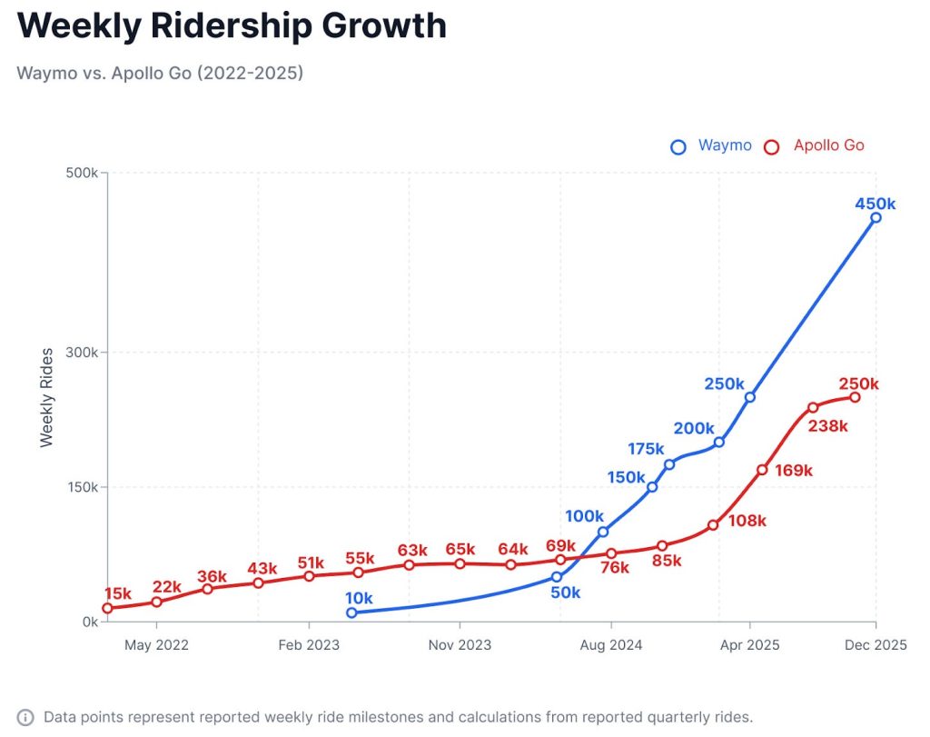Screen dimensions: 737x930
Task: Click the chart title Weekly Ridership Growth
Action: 232,25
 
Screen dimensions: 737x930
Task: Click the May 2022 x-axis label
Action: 156,645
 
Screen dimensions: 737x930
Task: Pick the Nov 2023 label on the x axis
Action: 460,645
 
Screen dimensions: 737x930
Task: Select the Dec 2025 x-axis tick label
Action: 876,645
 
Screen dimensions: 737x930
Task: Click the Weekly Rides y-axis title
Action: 47,396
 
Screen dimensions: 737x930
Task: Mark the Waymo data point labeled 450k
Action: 876,217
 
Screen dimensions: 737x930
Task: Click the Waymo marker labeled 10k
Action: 351,613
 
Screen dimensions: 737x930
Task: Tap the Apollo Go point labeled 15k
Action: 107,608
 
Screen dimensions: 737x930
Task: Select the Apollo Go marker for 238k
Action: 813,407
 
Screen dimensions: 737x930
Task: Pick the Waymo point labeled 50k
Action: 558,577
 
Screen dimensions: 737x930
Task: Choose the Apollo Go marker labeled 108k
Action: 713,525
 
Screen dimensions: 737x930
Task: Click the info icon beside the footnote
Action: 26,717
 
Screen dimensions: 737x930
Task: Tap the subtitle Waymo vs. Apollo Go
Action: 160,73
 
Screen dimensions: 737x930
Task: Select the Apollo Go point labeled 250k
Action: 855,397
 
